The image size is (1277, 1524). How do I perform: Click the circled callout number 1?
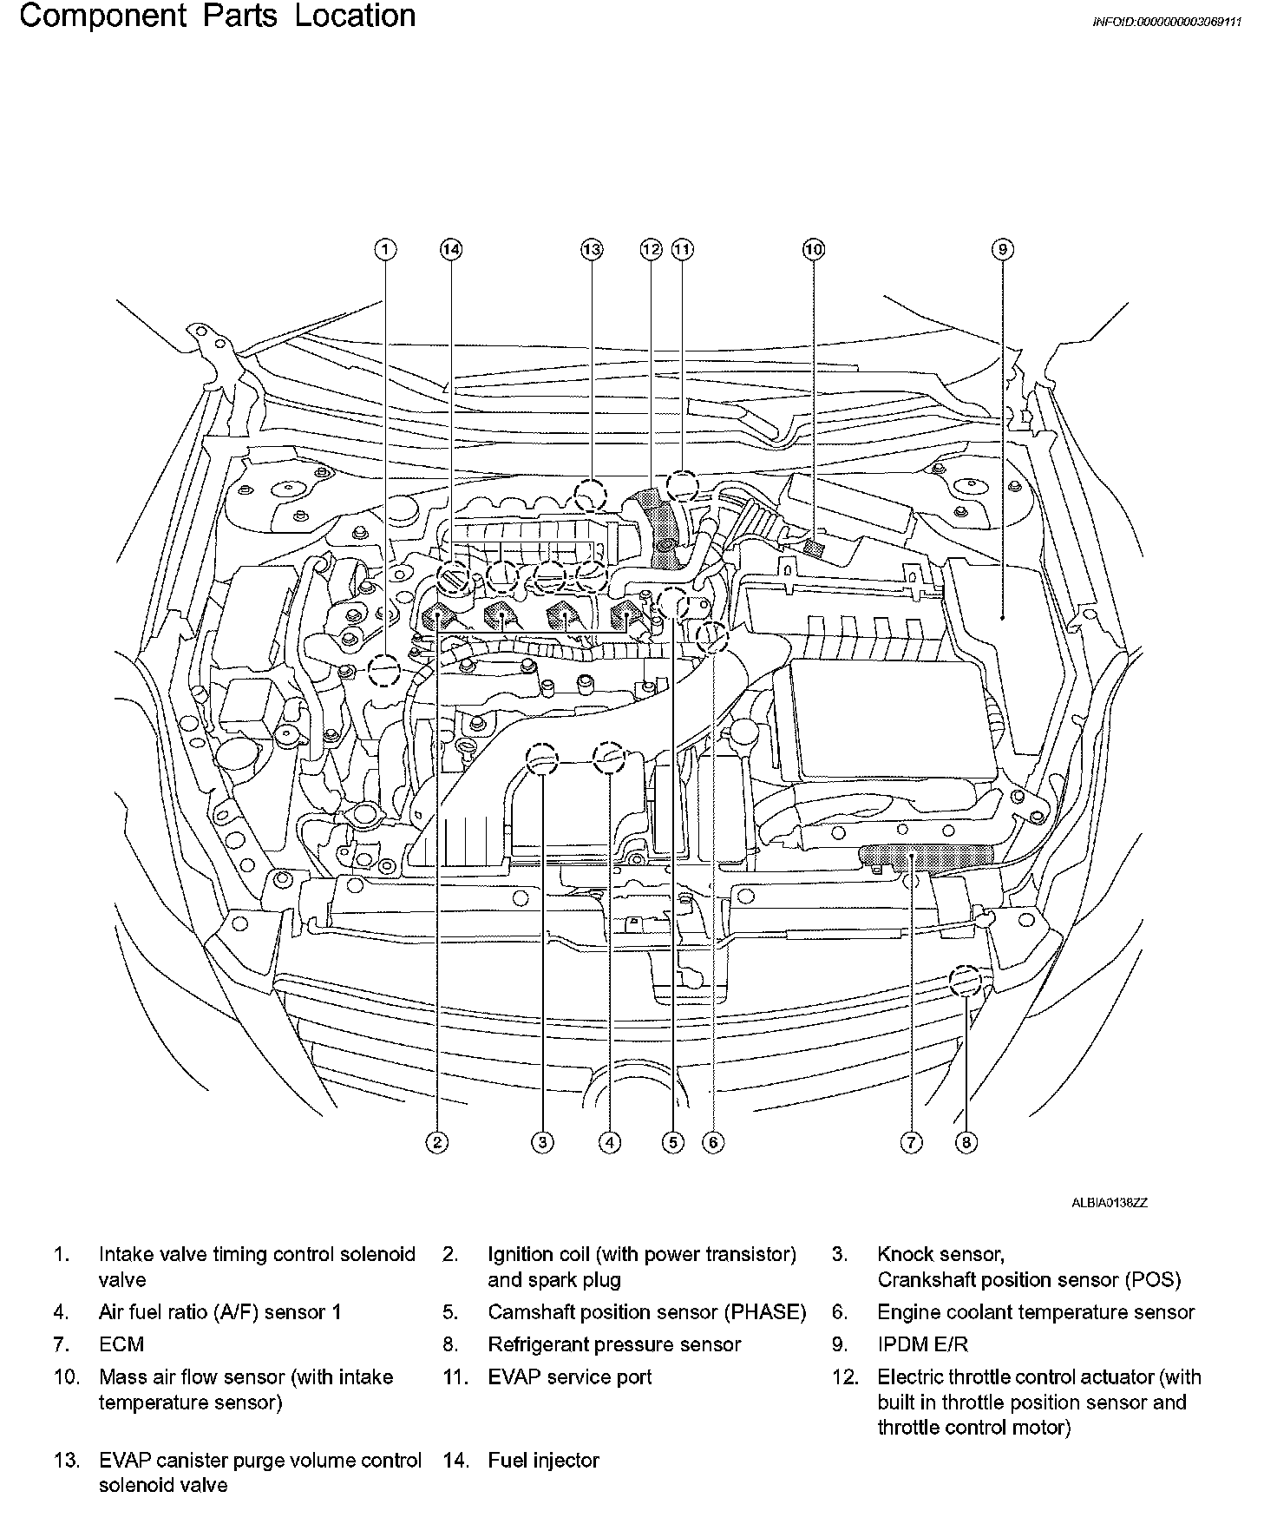(x=385, y=250)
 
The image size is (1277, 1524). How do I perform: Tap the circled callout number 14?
(x=450, y=250)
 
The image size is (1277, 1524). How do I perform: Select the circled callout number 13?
(x=591, y=250)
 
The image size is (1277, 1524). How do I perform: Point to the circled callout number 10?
(x=813, y=250)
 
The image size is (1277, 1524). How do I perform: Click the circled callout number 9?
(x=1001, y=250)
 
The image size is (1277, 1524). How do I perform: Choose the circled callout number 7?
(x=911, y=1142)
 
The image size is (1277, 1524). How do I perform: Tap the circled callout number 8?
(x=966, y=1142)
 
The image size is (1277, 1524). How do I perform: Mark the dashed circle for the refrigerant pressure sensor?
(x=965, y=982)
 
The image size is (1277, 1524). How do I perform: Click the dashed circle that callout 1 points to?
(x=383, y=670)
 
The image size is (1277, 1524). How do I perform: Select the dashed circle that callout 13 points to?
(x=591, y=496)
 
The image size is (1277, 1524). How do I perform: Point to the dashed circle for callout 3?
(x=543, y=759)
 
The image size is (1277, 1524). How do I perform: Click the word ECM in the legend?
(x=121, y=1344)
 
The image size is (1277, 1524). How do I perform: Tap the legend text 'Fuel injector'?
(x=543, y=1461)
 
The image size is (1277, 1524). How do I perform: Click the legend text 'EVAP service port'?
(x=569, y=1376)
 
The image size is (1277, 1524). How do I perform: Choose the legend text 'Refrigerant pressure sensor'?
(x=614, y=1344)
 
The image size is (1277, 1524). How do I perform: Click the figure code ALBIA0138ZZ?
(x=1109, y=1203)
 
